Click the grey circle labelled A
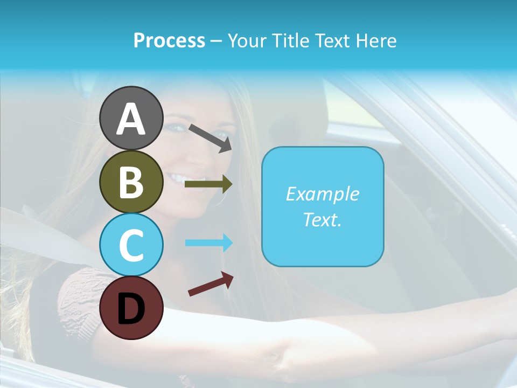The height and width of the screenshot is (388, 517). pos(131,118)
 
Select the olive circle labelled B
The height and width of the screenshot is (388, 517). pos(131,182)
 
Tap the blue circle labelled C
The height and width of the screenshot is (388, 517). pos(131,245)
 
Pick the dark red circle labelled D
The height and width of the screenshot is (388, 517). pos(131,308)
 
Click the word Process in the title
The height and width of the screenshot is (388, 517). pos(169,41)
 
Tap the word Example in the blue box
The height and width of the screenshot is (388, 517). pos(322,194)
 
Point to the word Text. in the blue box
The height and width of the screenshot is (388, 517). pos(322,219)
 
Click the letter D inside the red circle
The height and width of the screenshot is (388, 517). pos(131,309)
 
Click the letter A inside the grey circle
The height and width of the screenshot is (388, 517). pos(131,119)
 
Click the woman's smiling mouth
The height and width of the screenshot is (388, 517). pos(186,177)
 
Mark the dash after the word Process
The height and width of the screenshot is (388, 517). pos(216,41)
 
